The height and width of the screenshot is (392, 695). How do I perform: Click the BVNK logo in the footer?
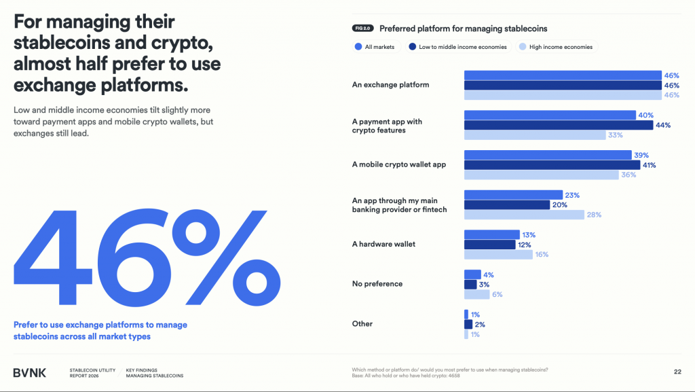click(x=31, y=372)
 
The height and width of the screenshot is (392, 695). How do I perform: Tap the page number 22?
click(x=677, y=372)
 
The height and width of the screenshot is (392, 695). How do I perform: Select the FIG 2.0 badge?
click(x=362, y=29)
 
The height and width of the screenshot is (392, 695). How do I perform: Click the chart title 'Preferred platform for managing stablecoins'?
click(x=463, y=29)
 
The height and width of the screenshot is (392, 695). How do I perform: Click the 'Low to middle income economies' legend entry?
click(x=458, y=47)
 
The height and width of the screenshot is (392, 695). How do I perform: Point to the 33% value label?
click(x=616, y=135)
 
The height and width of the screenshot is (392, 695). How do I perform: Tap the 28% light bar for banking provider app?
click(x=523, y=215)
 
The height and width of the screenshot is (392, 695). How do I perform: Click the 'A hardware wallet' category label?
click(x=383, y=244)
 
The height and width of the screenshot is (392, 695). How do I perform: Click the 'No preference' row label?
click(x=377, y=284)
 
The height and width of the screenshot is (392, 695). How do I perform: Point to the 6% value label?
click(x=497, y=295)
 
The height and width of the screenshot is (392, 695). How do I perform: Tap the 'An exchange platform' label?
click(x=390, y=85)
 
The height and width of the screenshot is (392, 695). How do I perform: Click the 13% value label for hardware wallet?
click(x=529, y=234)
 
